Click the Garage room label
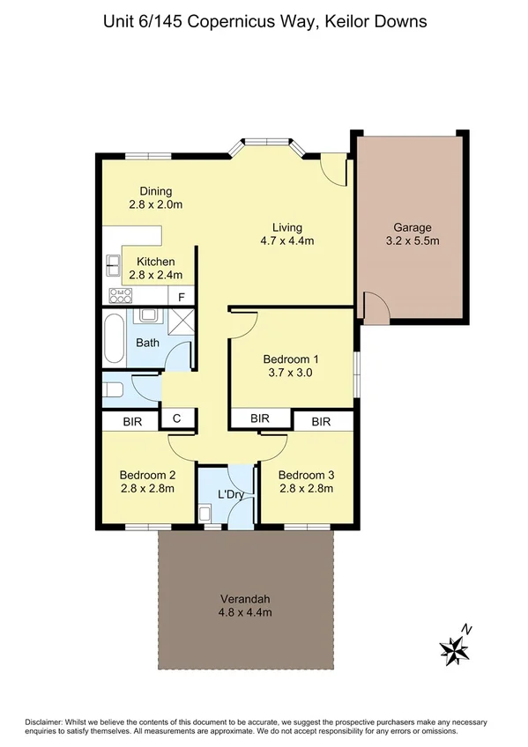[x=413, y=226]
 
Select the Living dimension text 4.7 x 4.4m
[x=287, y=240]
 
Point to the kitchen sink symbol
[x=113, y=262]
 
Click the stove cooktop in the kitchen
[x=117, y=296]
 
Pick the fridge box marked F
[x=182, y=297]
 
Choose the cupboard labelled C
[x=176, y=420]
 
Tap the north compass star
[x=455, y=650]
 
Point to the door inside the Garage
[x=376, y=307]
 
